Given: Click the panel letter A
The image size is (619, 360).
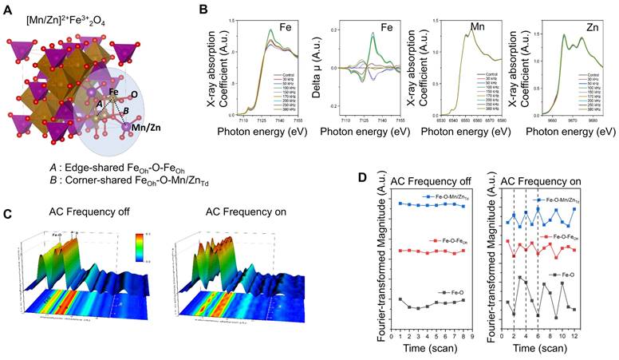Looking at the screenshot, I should click(x=8, y=9).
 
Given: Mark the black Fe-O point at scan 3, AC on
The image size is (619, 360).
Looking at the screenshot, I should click(x=518, y=278).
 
